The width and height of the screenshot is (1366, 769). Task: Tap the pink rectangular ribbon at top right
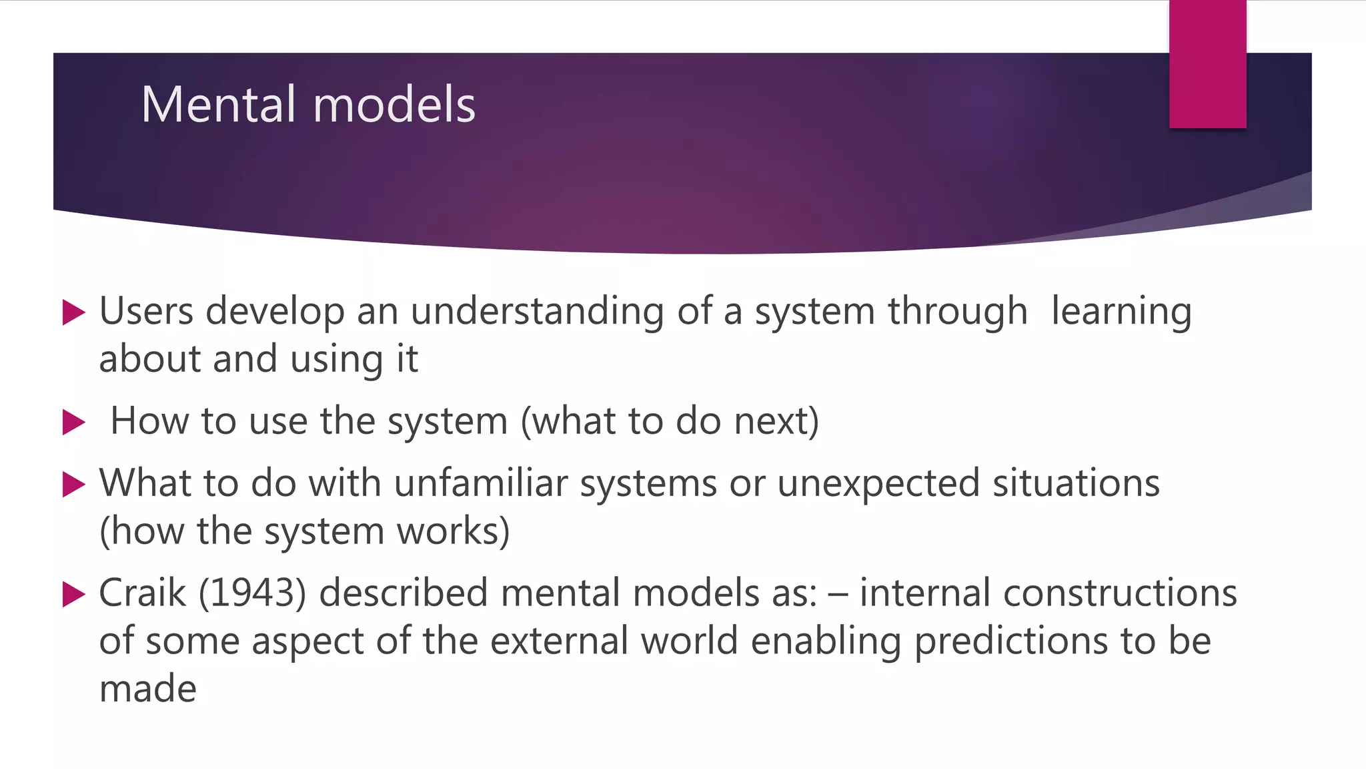(x=1207, y=64)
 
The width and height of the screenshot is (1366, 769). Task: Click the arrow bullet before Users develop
(x=73, y=312)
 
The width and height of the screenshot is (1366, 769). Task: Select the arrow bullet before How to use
(x=73, y=422)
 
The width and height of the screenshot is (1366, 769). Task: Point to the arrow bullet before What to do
(x=73, y=484)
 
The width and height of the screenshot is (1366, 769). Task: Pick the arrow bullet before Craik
(x=73, y=593)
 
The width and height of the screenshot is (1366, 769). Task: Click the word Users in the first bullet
(x=146, y=311)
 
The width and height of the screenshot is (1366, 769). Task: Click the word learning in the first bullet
(x=1121, y=312)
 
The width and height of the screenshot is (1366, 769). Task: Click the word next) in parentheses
(x=776, y=422)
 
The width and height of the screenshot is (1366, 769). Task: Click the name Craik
(x=142, y=593)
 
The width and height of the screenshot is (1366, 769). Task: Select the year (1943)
(x=253, y=593)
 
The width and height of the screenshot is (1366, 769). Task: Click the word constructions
(x=1120, y=593)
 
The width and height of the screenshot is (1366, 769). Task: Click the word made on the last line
(x=147, y=689)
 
